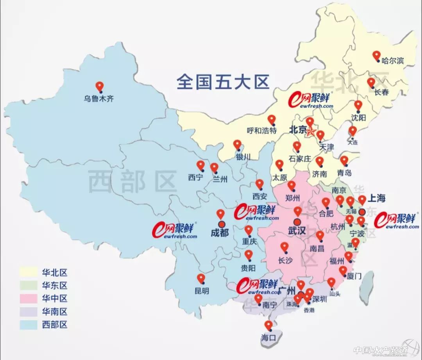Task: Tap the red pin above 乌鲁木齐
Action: point(100,86)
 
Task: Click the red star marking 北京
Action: point(311,132)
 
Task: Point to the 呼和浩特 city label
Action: point(262,130)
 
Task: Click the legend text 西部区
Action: point(55,324)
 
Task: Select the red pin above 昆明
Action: point(201,279)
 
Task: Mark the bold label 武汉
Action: point(297,230)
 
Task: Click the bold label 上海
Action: point(376,198)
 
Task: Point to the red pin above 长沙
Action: point(284,247)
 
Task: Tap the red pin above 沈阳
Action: point(358,106)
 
